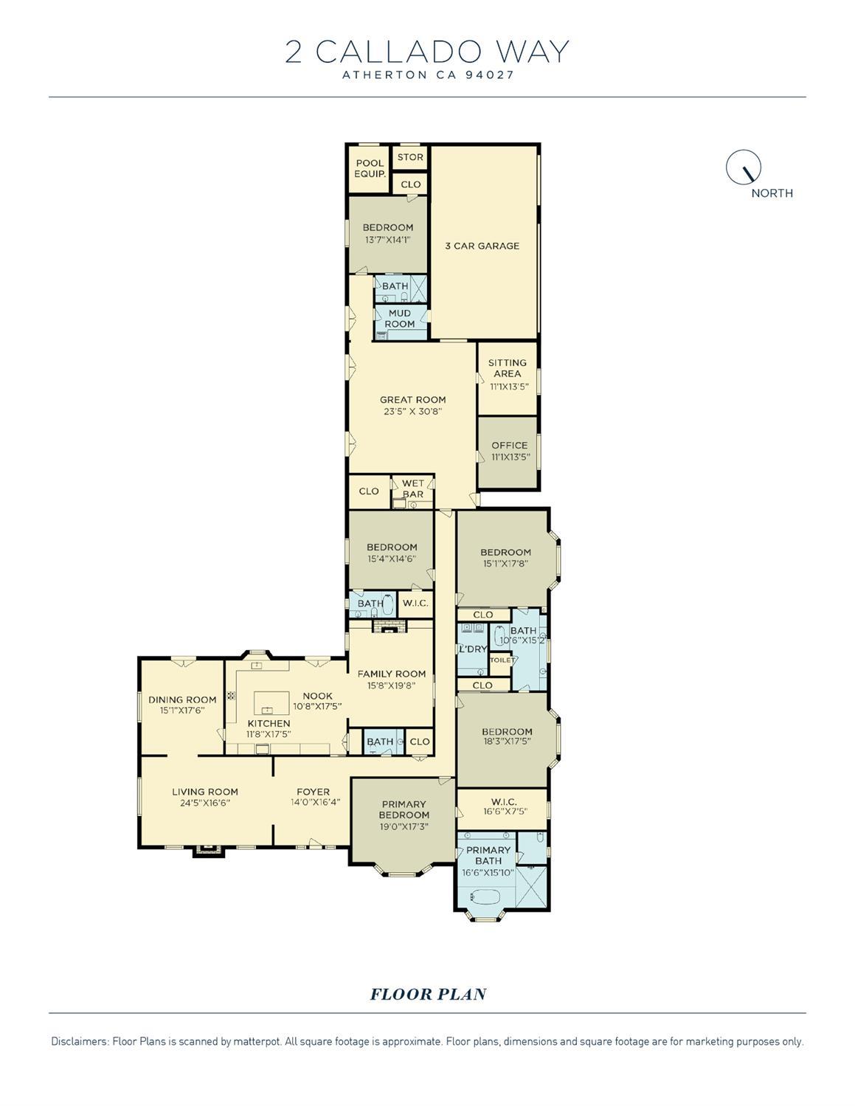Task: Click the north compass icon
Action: click(x=744, y=167)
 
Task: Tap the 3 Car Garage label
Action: click(x=482, y=246)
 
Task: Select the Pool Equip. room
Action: click(x=370, y=168)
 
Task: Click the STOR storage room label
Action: click(x=410, y=157)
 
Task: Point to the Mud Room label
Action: click(x=400, y=319)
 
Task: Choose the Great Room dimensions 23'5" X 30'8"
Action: click(x=412, y=412)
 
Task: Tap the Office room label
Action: click(x=509, y=445)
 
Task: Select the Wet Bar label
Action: click(x=412, y=488)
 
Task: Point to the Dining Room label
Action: click(x=182, y=699)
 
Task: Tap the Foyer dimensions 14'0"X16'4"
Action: click(x=313, y=803)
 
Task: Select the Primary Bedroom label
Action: click(x=404, y=809)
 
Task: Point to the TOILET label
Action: click(x=502, y=660)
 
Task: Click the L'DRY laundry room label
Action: click(x=472, y=649)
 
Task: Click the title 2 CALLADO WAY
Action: click(x=427, y=52)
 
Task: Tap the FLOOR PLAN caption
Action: click(x=428, y=994)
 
